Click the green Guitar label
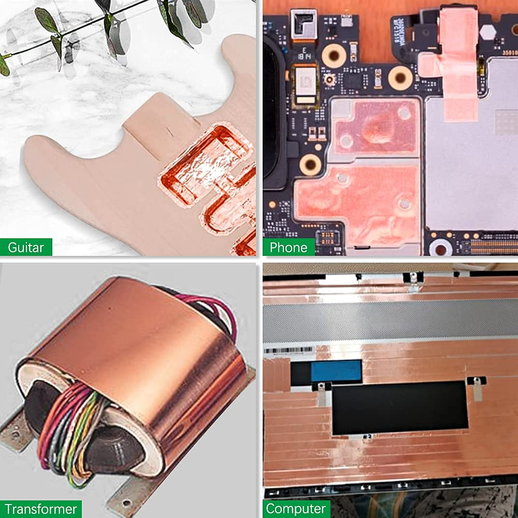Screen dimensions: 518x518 [26, 247]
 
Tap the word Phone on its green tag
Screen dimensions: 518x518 [289, 248]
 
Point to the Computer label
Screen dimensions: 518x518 [296, 509]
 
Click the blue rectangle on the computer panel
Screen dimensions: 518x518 [336, 369]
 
